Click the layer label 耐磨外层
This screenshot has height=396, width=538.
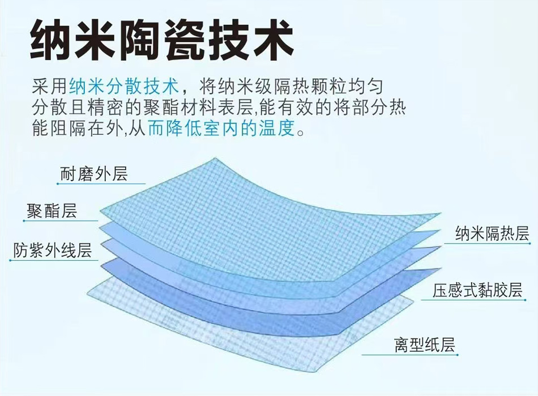tap(93, 173)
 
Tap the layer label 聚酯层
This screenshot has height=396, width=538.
tap(52, 210)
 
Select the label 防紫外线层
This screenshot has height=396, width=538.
tap(53, 250)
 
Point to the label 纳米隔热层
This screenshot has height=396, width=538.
tap(492, 233)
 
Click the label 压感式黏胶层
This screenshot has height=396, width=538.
tap(477, 290)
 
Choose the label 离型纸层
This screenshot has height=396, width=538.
tap(424, 344)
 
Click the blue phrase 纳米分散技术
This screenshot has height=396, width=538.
tap(124, 86)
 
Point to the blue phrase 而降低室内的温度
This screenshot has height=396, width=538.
tap(221, 129)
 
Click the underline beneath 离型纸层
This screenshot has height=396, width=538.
tap(410, 355)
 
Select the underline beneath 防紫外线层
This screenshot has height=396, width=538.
tap(54, 261)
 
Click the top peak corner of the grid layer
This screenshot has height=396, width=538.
tap(215, 158)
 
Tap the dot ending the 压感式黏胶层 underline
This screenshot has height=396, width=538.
tap(526, 300)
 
